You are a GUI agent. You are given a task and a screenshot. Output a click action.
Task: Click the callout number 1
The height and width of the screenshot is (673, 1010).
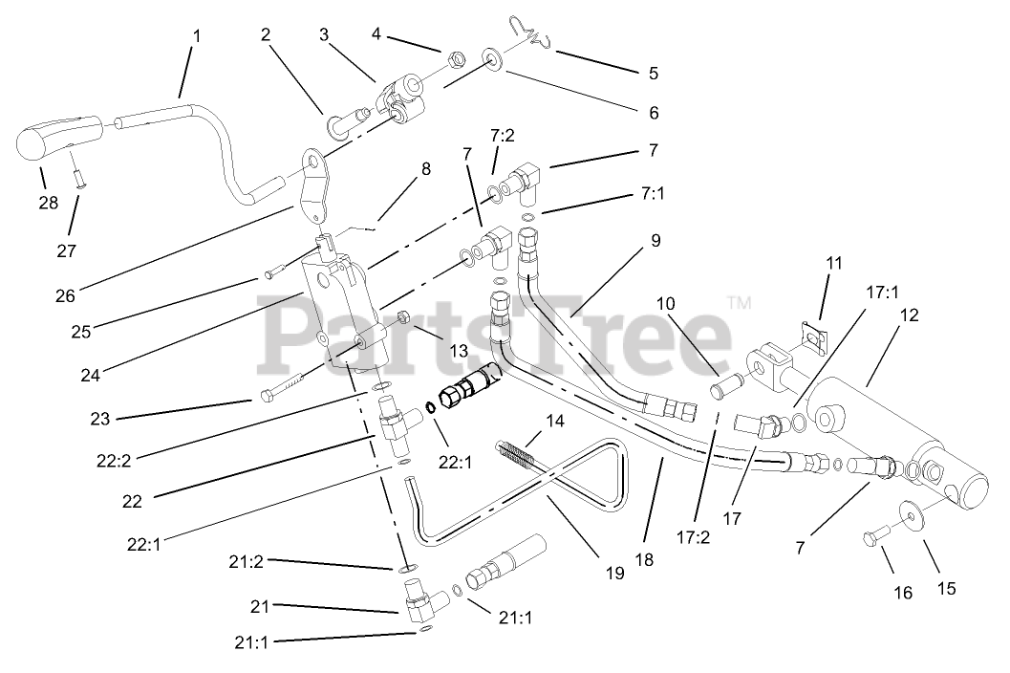(x=196, y=36)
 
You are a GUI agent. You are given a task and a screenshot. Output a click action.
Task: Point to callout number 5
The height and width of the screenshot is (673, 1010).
(x=654, y=72)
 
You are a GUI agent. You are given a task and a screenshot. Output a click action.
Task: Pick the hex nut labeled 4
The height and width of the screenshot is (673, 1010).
(x=457, y=60)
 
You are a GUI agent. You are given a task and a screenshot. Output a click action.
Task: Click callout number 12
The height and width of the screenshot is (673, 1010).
(x=909, y=315)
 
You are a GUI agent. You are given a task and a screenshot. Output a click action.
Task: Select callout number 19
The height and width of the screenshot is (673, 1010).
(x=614, y=573)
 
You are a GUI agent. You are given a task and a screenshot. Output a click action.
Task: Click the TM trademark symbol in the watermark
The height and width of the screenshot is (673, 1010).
(x=739, y=303)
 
